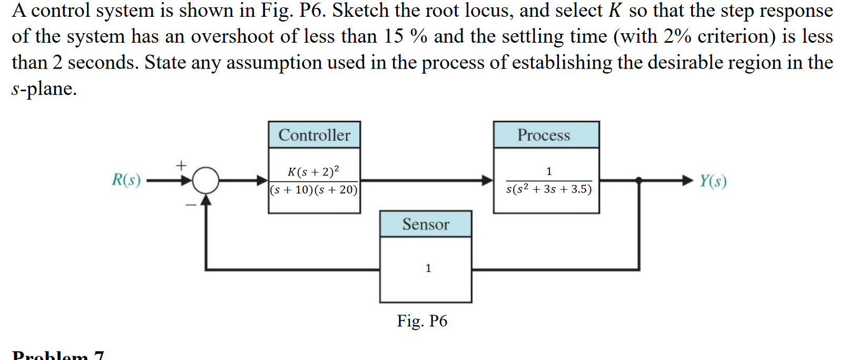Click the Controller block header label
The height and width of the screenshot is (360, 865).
tap(314, 135)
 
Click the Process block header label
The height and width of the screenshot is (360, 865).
tap(544, 135)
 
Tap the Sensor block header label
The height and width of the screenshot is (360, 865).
tap(426, 224)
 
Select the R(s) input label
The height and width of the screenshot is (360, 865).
tap(126, 180)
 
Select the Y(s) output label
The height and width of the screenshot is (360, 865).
tap(713, 181)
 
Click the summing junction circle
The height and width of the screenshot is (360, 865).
tap(205, 181)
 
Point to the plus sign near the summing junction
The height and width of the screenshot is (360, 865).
tap(181, 166)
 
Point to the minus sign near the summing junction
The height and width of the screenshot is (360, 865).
tap(190, 205)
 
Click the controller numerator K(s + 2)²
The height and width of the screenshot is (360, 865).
tap(313, 171)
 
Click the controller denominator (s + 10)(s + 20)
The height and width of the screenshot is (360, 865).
tap(314, 190)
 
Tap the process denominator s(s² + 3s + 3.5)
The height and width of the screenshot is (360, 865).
tap(548, 189)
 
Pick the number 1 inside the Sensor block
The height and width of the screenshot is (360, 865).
tap(428, 268)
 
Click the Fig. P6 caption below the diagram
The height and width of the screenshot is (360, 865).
tap(422, 320)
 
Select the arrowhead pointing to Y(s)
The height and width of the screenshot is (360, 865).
tap(687, 180)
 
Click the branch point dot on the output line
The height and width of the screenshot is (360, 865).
tap(639, 180)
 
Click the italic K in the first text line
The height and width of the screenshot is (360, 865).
tap(615, 11)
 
